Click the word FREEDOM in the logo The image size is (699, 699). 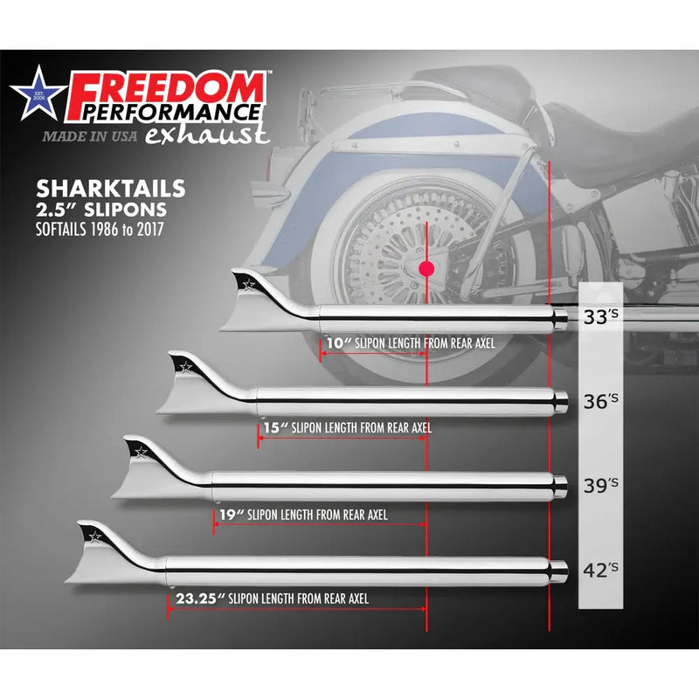[x=166, y=90]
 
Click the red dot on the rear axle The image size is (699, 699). [x=426, y=269]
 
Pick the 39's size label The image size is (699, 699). [x=602, y=485]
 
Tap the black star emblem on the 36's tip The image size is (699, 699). [x=185, y=365]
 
